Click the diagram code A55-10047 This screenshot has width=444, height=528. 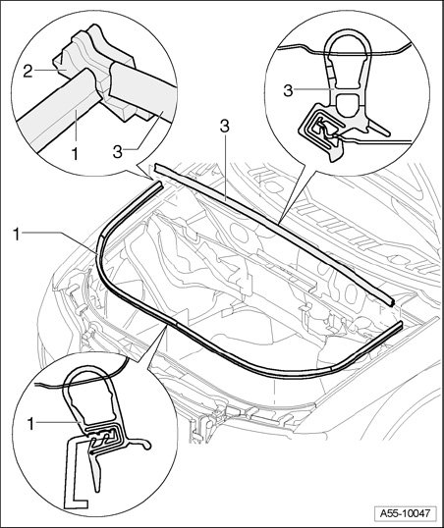[x=406, y=513]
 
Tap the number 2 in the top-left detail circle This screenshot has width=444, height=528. [x=28, y=72]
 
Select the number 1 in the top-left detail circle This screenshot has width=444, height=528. [x=75, y=154]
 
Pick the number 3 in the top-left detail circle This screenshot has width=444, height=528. [x=118, y=152]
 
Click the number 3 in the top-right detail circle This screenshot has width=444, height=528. [x=288, y=91]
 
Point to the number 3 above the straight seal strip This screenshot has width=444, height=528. [x=225, y=126]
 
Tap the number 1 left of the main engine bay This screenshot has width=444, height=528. [x=17, y=234]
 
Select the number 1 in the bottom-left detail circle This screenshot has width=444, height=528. [x=31, y=424]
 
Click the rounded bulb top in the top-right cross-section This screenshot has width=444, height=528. [x=349, y=32]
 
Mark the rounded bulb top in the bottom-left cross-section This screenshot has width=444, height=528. [x=88, y=370]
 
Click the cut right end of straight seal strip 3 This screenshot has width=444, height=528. [x=390, y=301]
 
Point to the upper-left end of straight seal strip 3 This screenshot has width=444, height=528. [x=157, y=168]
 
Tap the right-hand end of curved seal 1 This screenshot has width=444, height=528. [x=400, y=325]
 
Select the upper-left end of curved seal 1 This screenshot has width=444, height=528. [x=159, y=184]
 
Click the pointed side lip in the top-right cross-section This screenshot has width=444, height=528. [x=380, y=129]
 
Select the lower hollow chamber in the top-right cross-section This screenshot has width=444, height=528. [x=348, y=105]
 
